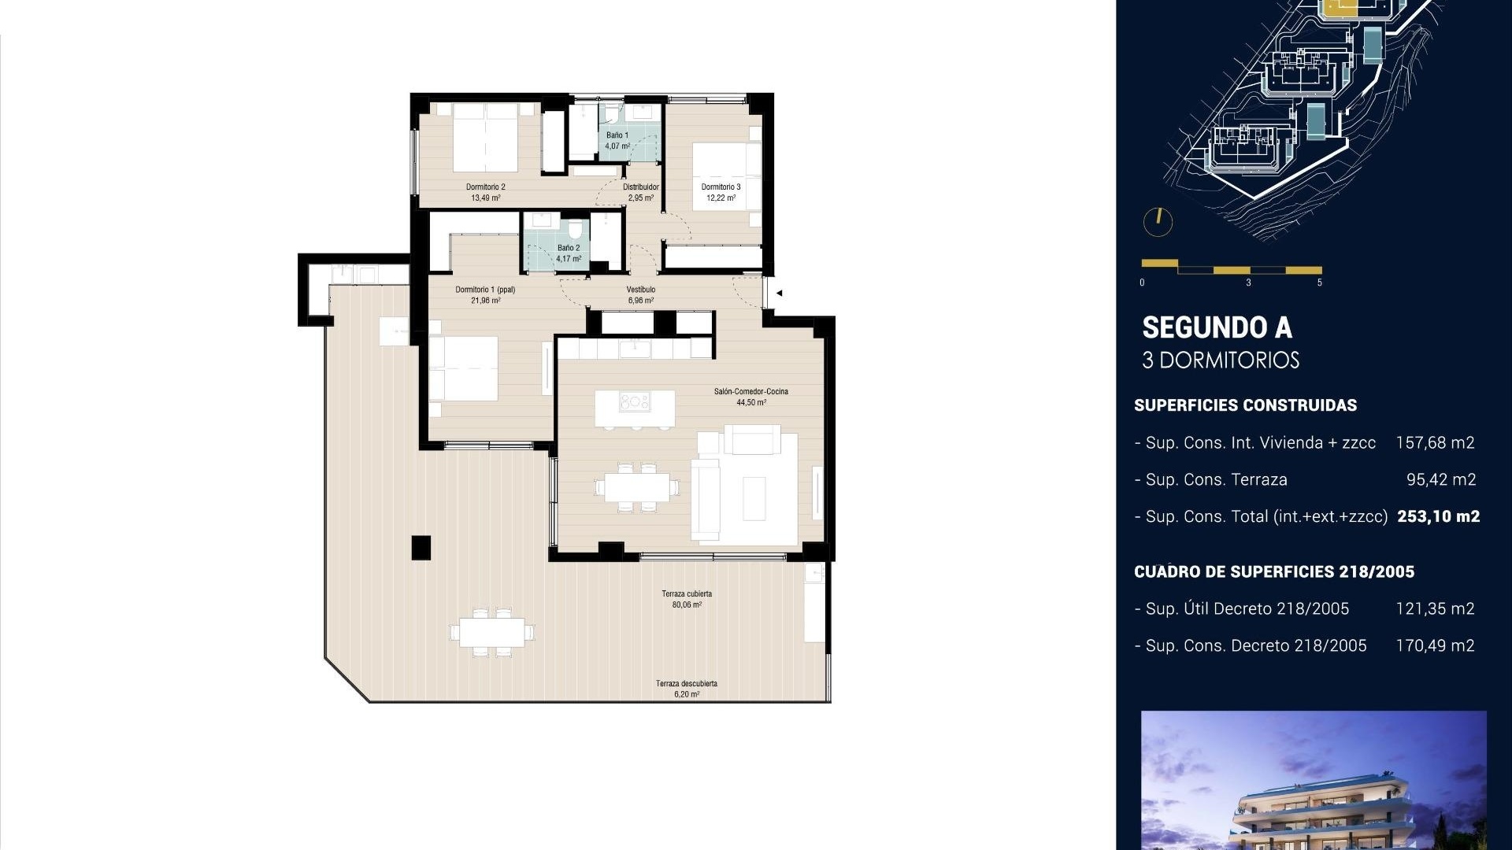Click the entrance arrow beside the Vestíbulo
point(779,293)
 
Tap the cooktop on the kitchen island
point(635,402)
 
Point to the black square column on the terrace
point(421,547)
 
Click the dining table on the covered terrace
point(492,631)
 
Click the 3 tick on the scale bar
point(1248,283)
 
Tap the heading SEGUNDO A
point(1217,327)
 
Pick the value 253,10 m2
point(1439,516)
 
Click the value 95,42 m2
point(1441,479)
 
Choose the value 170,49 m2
point(1435,645)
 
